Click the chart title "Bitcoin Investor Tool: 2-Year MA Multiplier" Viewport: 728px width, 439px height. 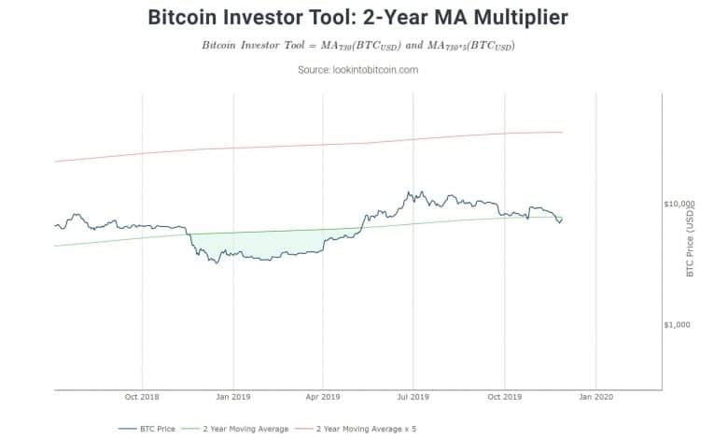[x=357, y=17]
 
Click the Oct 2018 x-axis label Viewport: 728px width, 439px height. [x=142, y=396]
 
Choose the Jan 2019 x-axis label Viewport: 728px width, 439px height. [x=233, y=396]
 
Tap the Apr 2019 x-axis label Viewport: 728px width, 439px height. [x=323, y=396]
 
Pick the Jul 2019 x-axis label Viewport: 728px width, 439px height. [x=413, y=396]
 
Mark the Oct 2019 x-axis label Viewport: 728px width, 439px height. [x=505, y=396]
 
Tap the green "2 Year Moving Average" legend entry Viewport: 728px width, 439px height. [x=245, y=429]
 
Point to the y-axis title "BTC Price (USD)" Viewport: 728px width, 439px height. [x=691, y=242]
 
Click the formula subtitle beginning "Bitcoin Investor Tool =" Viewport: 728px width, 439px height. [x=357, y=46]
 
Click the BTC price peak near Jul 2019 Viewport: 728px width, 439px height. [x=409, y=192]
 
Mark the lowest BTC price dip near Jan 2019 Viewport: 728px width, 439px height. [x=217, y=262]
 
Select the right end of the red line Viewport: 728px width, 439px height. [x=562, y=132]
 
